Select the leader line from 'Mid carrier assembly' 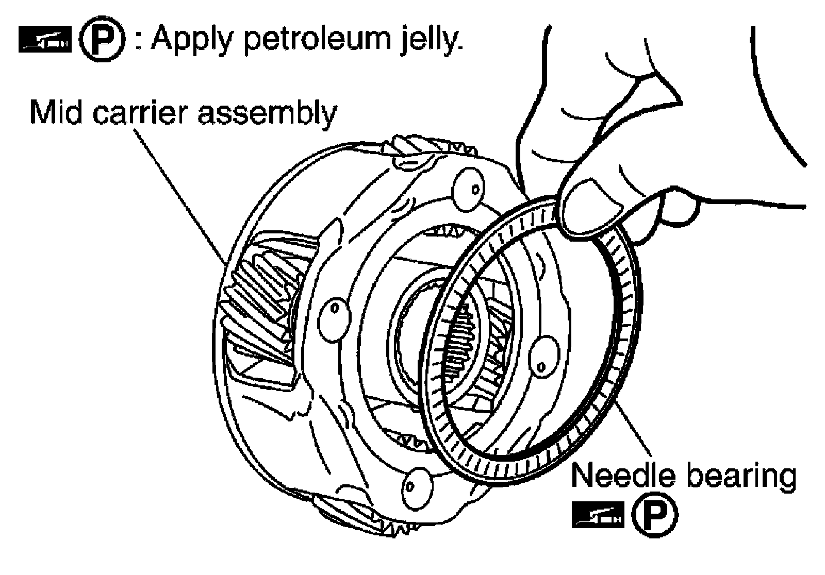pyautogui.click(x=180, y=196)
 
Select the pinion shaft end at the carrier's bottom pyautogui.click(x=415, y=484)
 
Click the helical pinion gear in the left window pyautogui.click(x=258, y=309)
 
